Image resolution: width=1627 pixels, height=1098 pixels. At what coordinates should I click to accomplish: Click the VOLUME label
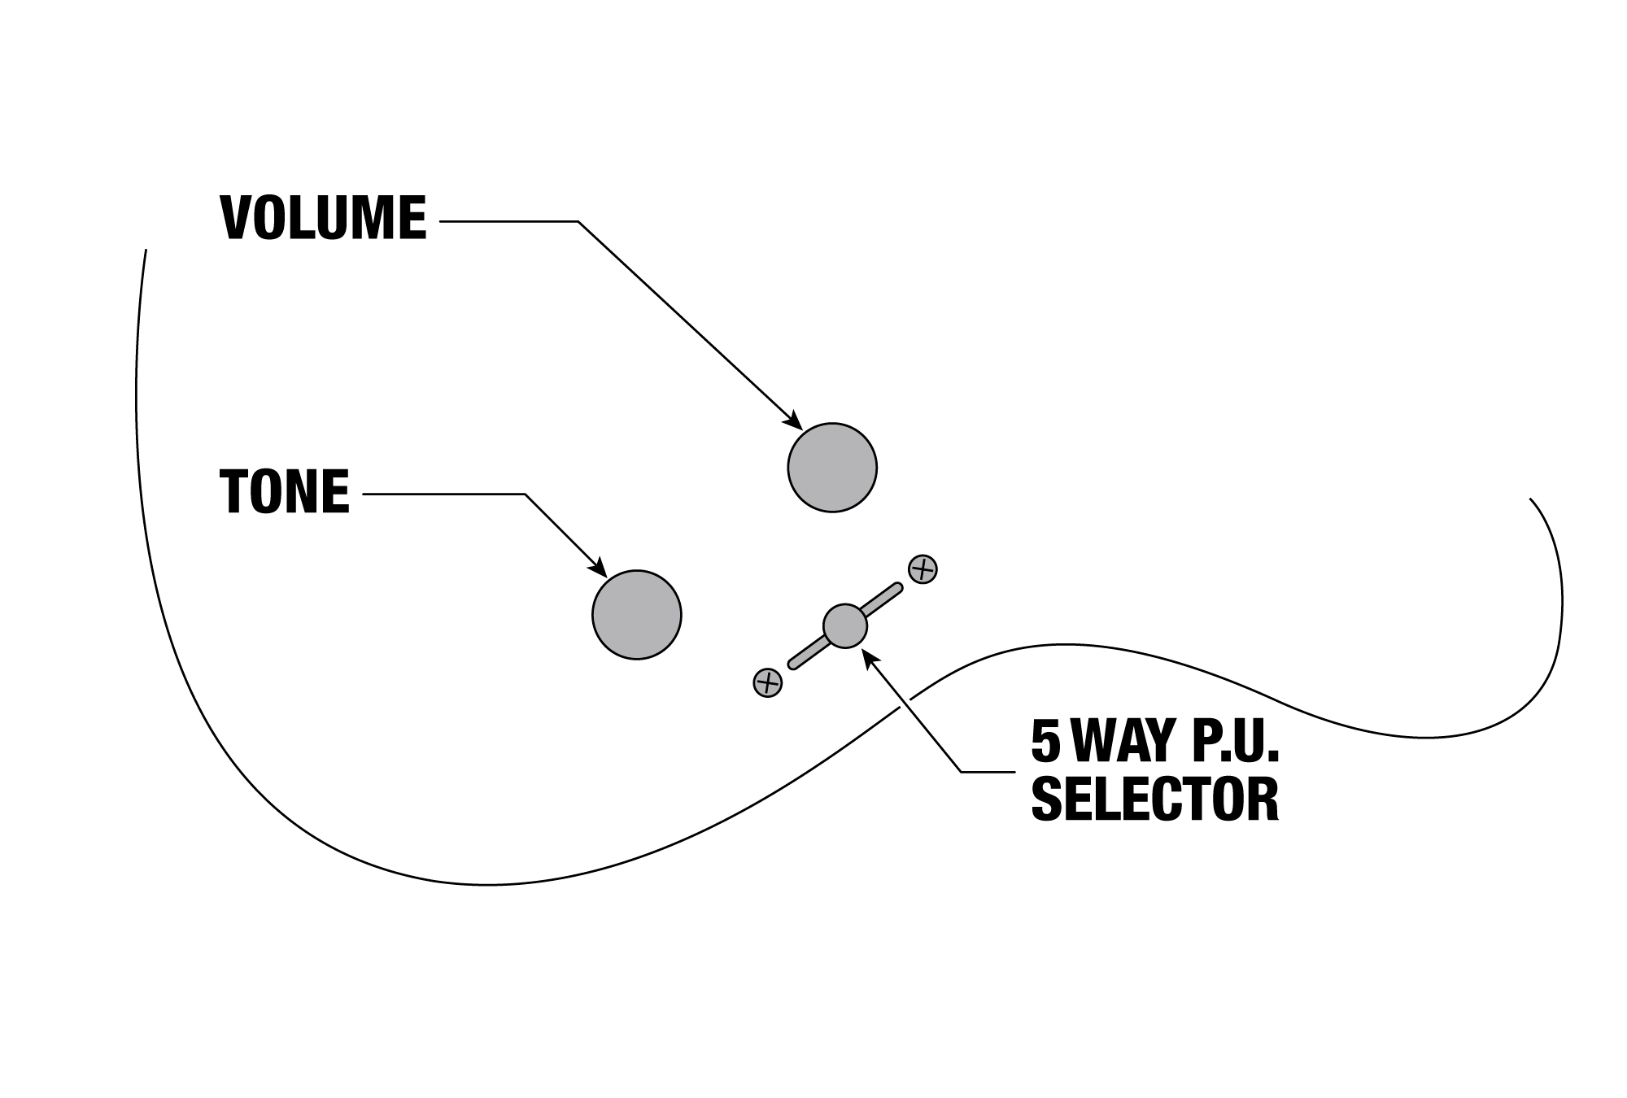pos(324,218)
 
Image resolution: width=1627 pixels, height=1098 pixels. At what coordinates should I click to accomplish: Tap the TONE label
pos(285,491)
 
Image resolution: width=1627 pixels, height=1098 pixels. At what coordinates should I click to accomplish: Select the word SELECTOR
pos(1155,800)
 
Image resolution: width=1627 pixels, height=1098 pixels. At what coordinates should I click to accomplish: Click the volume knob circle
pos(832,468)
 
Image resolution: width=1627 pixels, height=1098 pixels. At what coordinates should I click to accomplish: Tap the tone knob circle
pos(637,615)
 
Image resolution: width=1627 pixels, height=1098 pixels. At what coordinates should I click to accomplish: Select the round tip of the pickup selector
pos(845,626)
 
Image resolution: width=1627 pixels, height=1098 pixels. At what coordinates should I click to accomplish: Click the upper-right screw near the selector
pos(923,569)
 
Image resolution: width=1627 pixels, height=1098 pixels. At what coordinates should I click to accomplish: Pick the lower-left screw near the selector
pos(768,682)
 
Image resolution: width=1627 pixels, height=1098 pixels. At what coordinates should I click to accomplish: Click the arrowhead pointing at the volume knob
pos(793,420)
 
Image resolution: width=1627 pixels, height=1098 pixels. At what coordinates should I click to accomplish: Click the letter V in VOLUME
pos(236,218)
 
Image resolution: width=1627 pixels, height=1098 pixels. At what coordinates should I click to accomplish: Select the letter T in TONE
pos(233,491)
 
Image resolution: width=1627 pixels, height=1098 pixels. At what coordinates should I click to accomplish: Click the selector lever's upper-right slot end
pos(898,587)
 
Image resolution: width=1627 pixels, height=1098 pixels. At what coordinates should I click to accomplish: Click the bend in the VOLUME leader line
pos(578,221)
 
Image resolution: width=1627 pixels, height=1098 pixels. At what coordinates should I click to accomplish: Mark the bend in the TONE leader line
pos(526,495)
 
